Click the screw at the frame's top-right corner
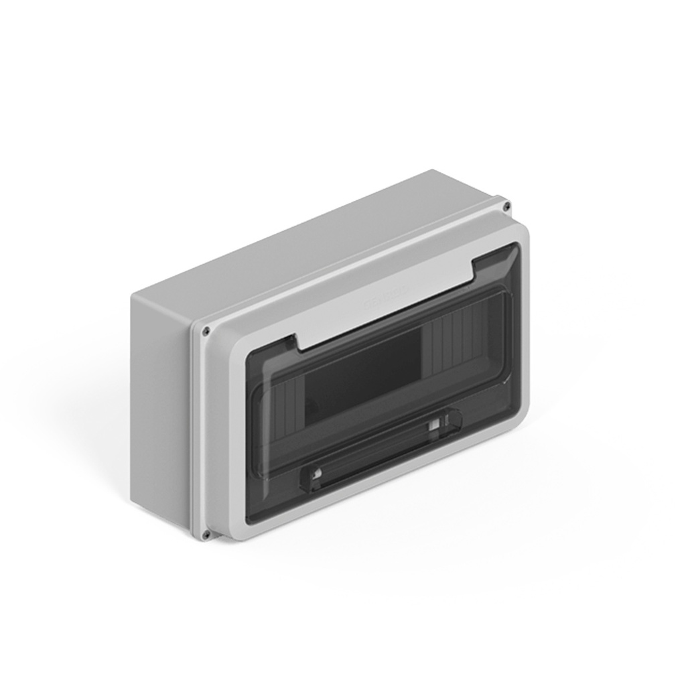click(507, 205)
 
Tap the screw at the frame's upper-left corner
click(206, 330)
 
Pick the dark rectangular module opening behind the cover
click(362, 379)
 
